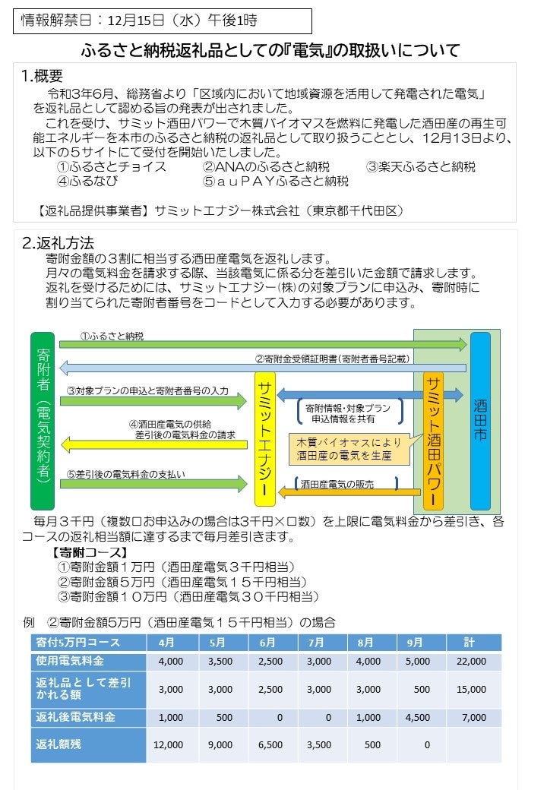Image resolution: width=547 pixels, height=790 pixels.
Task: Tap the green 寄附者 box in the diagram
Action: [43, 421]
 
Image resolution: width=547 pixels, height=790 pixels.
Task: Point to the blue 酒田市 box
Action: [480, 421]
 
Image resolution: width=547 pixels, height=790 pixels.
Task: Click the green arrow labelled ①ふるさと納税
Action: [263, 344]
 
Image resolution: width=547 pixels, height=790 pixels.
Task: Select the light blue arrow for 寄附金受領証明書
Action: [263, 368]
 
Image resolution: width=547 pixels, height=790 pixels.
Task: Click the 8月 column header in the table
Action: [368, 643]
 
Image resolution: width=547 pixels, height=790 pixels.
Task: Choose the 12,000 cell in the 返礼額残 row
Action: [168, 745]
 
